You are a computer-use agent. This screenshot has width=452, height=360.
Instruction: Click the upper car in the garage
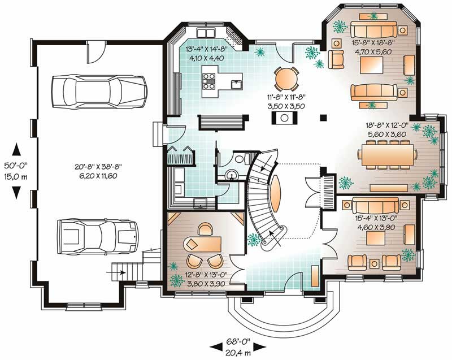99,89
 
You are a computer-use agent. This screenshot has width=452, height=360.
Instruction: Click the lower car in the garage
97,235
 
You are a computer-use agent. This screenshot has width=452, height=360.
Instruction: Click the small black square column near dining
323,118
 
